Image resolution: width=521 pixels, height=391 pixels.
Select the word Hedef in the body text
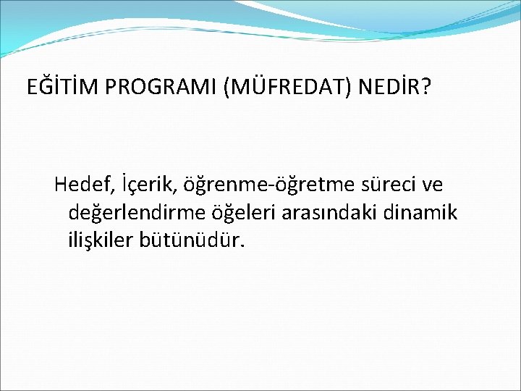coord(77,185)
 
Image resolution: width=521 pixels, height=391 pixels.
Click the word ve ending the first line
coord(431,186)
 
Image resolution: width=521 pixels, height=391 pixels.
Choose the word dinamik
coord(423,213)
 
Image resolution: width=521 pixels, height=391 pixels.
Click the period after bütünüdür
coord(243,246)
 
